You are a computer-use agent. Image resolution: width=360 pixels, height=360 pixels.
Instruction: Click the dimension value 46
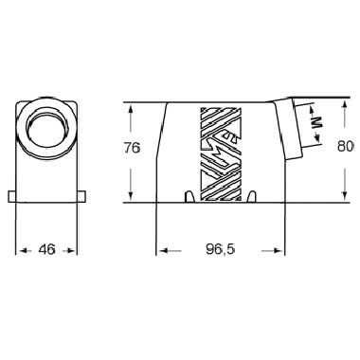click(45, 251)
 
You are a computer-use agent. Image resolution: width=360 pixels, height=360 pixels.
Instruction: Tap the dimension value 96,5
click(219, 251)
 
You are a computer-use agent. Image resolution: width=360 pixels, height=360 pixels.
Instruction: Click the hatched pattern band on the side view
click(219, 152)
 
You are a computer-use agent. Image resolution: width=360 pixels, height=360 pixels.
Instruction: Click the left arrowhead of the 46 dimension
click(22, 251)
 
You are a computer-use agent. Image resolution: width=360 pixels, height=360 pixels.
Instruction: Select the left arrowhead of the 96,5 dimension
click(162, 251)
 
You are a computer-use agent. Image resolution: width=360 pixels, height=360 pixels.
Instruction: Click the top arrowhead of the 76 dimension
click(128, 107)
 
